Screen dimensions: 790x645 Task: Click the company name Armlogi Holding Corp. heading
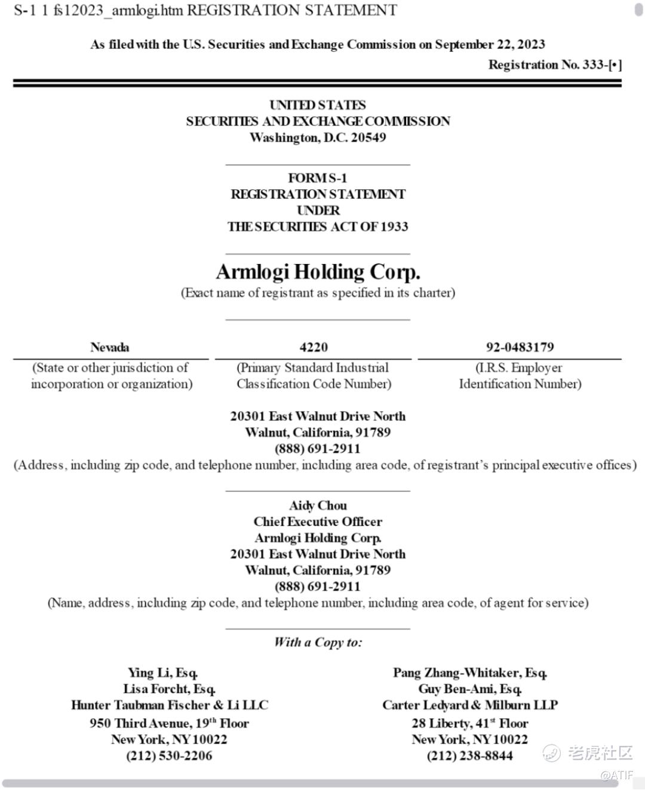pos(318,272)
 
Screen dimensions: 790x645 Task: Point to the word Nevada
pos(109,347)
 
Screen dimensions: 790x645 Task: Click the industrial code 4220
pos(314,347)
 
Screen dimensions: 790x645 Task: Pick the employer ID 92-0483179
pos(520,347)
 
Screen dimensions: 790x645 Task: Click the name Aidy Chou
pos(318,505)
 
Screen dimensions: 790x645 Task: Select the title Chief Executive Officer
pos(318,521)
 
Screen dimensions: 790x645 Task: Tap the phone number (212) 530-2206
pos(169,755)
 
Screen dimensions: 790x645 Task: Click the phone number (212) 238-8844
pos(469,755)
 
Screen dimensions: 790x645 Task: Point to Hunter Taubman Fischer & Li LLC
pos(170,705)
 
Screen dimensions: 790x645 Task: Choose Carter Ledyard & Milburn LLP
pos(470,705)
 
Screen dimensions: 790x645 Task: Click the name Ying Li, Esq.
pos(163,673)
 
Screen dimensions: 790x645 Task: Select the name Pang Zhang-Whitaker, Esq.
pos(470,673)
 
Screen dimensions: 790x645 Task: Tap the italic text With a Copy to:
pos(318,643)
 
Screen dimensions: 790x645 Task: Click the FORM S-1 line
pos(318,178)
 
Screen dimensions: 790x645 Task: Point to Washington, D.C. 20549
pos(318,137)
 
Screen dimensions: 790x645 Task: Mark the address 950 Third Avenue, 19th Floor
pos(169,723)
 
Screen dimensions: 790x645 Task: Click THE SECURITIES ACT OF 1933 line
pos(318,226)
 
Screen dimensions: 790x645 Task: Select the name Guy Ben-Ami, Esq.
pos(470,689)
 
